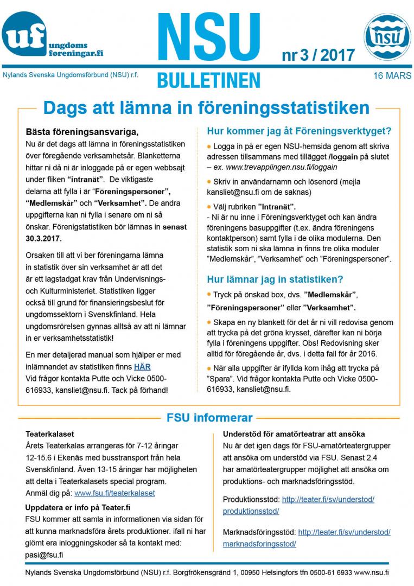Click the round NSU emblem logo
click(387, 37)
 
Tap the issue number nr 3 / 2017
click(318, 55)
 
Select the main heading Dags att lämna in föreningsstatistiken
click(206, 107)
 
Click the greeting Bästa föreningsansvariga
click(82, 132)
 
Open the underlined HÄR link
click(142, 367)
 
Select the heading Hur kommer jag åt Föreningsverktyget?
click(299, 131)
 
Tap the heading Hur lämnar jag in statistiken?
click(275, 279)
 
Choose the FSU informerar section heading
click(209, 418)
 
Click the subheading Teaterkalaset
click(50, 434)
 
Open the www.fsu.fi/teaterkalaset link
click(114, 493)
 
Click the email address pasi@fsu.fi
click(44, 555)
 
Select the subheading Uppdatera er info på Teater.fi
click(78, 507)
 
